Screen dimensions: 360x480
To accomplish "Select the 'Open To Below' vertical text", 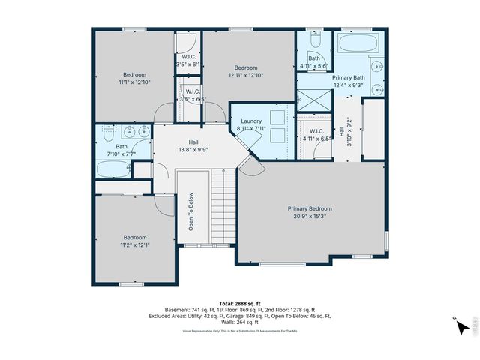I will (x=192, y=212).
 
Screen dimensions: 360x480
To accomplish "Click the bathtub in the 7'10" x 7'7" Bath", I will (x=115, y=169).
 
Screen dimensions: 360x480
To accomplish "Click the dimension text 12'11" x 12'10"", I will (x=247, y=74).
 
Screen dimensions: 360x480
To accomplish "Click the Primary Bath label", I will (x=348, y=77).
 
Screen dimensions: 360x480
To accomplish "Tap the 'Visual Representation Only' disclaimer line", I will (x=240, y=330).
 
